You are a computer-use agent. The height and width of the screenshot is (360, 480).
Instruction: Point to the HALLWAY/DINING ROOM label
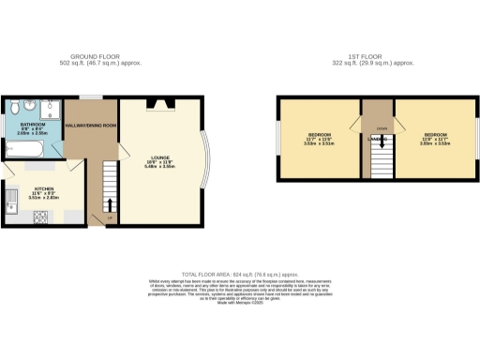(97, 125)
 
